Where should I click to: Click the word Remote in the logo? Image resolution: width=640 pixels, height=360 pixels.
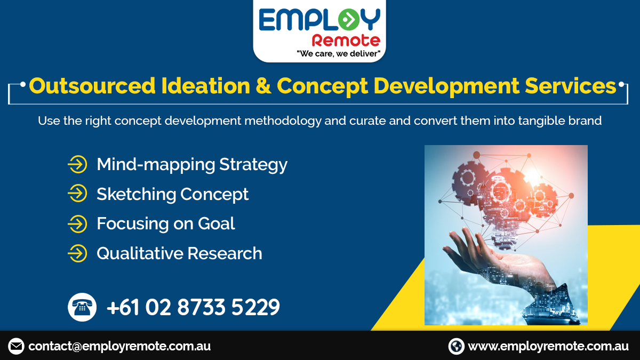(x=346, y=41)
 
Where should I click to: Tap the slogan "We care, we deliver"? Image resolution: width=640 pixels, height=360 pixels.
(x=338, y=53)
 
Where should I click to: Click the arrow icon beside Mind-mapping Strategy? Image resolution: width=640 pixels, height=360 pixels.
(x=77, y=164)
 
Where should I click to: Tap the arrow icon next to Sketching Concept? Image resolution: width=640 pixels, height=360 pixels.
(x=77, y=194)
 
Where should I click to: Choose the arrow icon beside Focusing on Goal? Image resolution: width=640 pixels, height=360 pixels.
(x=77, y=224)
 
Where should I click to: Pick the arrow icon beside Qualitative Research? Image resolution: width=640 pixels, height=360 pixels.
(x=77, y=253)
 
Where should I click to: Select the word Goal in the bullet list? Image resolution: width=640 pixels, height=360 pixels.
(x=217, y=223)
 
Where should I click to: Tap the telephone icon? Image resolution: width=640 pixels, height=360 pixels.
(x=82, y=307)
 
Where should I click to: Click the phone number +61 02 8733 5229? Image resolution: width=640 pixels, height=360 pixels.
(x=193, y=308)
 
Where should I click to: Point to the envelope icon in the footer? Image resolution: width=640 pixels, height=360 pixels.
(x=16, y=346)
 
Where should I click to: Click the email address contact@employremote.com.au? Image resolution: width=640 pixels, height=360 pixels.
(x=119, y=346)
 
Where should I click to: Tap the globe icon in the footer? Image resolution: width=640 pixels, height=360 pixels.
(x=457, y=346)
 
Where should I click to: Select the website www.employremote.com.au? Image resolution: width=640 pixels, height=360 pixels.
(x=548, y=346)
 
